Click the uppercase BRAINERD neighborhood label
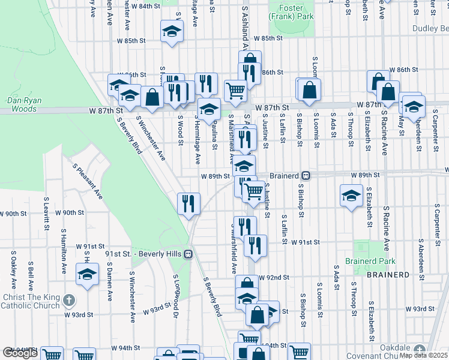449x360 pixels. [385, 275]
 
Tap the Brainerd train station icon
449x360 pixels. [306, 176]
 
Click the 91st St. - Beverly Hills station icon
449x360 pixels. [188, 254]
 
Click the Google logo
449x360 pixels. [20, 353]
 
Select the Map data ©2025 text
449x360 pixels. [423, 355]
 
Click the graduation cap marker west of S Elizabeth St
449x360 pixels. [351, 195]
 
